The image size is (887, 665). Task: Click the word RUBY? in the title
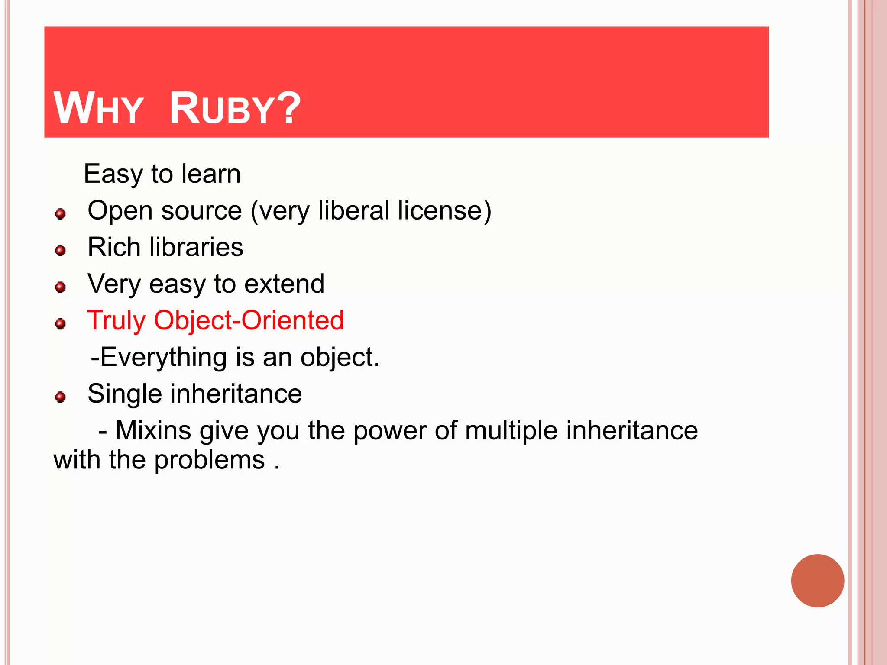[x=234, y=108]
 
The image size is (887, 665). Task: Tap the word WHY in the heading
[x=98, y=108]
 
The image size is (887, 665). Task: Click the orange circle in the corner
[x=817, y=581]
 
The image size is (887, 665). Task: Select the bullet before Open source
[x=61, y=214]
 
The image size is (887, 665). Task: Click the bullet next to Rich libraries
[x=61, y=250]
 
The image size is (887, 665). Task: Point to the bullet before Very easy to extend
[x=61, y=287]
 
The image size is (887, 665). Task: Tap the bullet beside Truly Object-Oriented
[x=61, y=324]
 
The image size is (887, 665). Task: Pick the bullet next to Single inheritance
[x=61, y=397]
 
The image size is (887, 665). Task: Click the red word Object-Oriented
[x=249, y=321]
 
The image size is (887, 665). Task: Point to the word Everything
[x=164, y=358]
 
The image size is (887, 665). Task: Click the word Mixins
[x=153, y=431]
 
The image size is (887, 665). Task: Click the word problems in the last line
[x=209, y=460]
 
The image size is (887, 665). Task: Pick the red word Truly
[x=117, y=321]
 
